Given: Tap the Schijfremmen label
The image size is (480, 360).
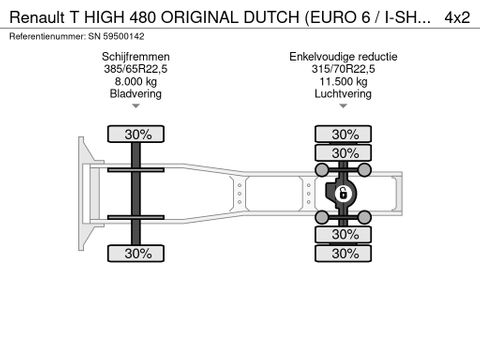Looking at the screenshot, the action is tap(135, 56).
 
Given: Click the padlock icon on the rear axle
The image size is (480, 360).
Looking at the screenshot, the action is tap(343, 193).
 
